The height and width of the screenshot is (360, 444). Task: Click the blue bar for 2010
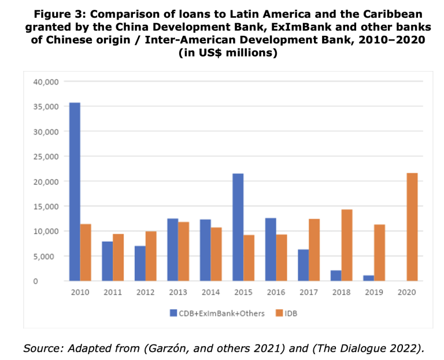tap(75, 191)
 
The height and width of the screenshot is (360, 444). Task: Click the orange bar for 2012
tap(151, 256)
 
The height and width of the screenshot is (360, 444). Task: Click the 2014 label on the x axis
tap(210, 292)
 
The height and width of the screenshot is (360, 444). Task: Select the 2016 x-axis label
tap(275, 292)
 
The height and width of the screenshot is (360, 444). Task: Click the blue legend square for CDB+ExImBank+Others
tap(173, 313)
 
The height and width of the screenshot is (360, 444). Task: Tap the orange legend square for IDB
tap(275, 313)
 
